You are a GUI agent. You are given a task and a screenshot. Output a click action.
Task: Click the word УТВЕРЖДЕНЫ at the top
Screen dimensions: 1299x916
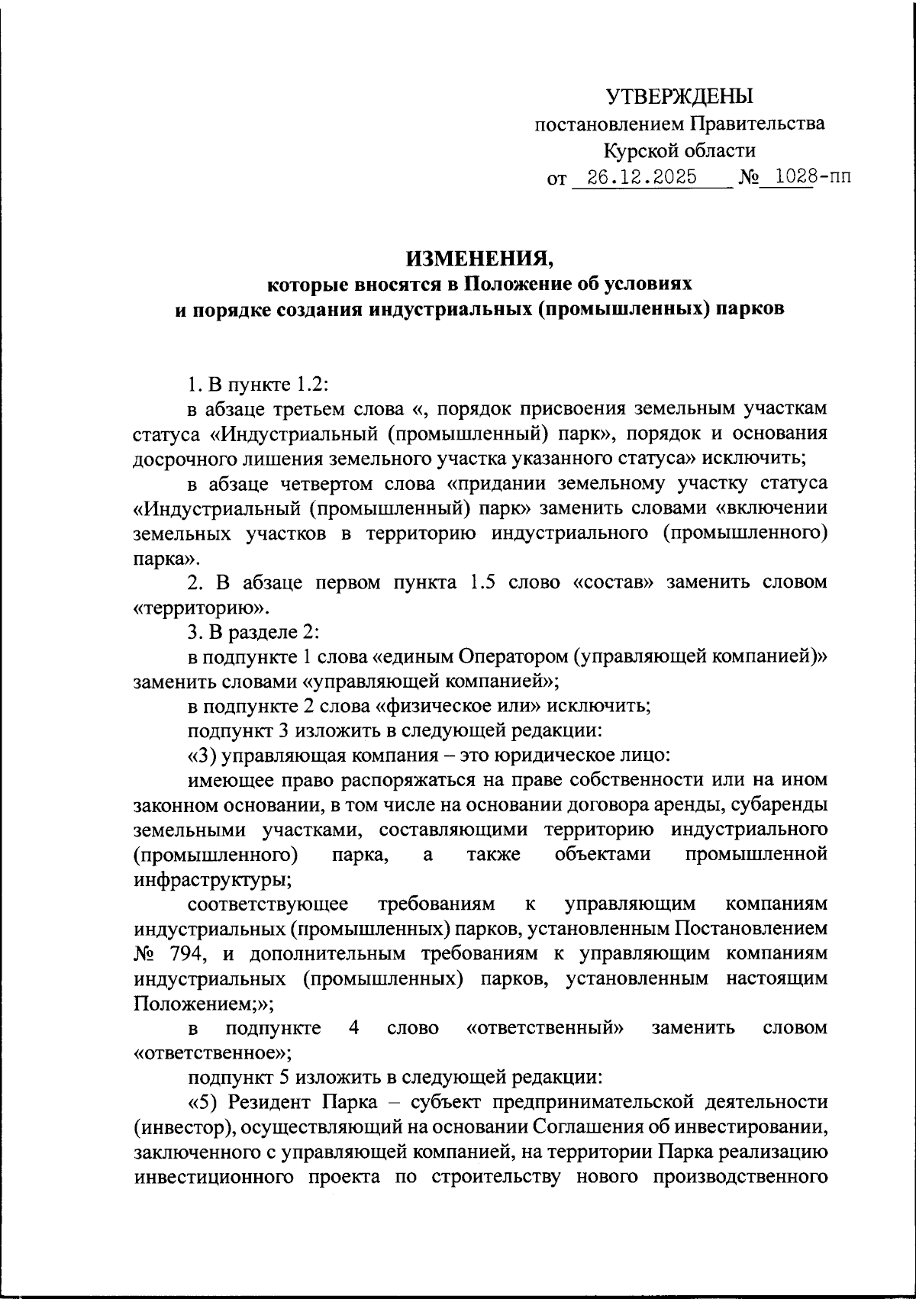point(679,96)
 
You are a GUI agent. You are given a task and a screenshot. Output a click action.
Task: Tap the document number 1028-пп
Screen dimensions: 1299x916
point(801,178)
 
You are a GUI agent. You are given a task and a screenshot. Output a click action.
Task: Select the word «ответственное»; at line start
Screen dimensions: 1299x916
point(213,1052)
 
